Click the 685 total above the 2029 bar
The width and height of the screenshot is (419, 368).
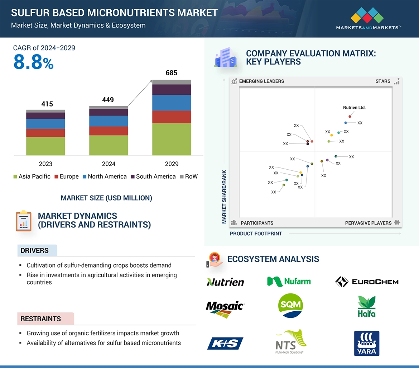171,73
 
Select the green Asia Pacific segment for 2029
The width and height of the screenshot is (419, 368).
172,139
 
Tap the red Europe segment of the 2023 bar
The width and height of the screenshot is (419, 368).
46,133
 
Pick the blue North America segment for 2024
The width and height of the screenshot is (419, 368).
109,121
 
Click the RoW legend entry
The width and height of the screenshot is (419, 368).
189,176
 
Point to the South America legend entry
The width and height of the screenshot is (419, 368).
153,176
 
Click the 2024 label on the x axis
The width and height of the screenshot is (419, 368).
109,164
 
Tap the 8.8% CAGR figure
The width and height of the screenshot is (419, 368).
33,62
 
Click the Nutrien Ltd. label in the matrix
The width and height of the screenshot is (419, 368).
354,108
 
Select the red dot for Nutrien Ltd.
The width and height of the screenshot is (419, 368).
350,117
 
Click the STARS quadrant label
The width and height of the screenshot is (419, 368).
383,81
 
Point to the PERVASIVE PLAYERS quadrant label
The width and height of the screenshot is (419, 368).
368,223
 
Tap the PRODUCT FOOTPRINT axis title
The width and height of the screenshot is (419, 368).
256,233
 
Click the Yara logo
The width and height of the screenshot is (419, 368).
367,343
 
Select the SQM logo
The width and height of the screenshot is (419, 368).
290,305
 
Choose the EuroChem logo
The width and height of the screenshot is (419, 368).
367,282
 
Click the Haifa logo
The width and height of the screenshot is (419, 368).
367,306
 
